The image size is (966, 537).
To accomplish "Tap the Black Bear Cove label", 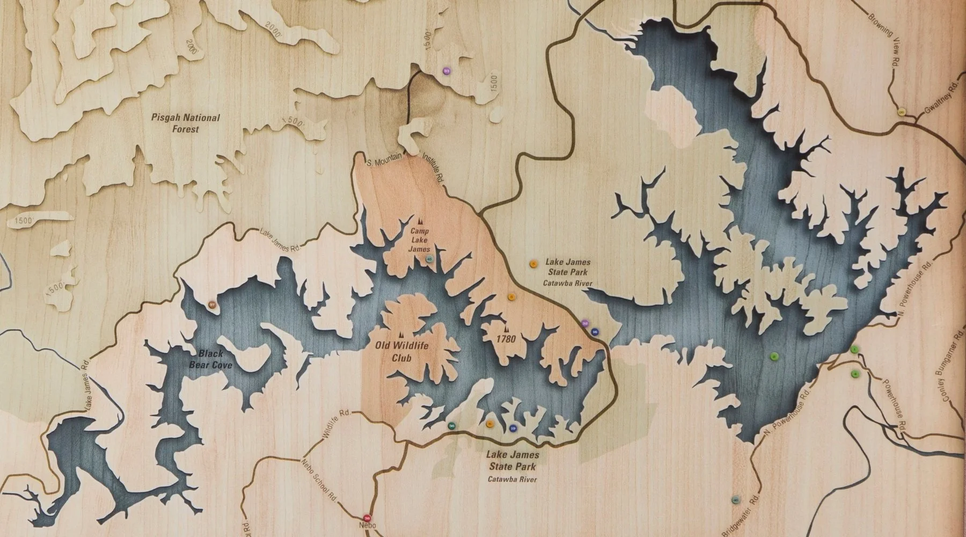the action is coord(210,359).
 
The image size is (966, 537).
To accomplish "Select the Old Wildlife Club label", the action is coord(402,351).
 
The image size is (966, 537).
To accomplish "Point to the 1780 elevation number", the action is coord(506,339).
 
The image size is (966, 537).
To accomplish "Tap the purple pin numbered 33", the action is coord(446,70).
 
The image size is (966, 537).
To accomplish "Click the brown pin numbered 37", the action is coord(213,305).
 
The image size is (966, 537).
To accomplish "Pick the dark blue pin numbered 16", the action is coord(595,332).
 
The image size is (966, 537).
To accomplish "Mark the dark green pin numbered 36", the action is coord(452,426).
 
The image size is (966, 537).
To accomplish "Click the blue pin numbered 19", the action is coord(513,428).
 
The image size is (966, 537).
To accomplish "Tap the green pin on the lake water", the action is coord(773,356).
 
